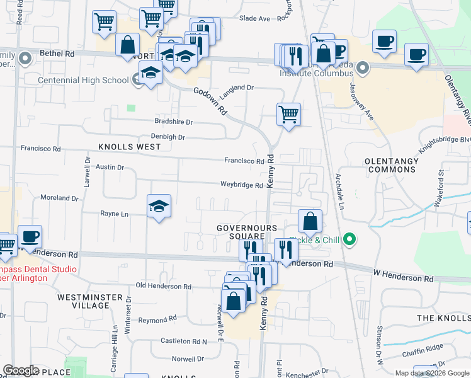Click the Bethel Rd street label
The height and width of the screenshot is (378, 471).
pos(56,54)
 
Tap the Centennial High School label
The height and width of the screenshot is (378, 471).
pos(84,80)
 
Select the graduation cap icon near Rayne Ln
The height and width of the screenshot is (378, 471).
pos(159,206)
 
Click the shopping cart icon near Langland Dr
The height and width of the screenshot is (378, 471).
pos(288,115)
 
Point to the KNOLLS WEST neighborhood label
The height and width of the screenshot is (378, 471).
pos(129,146)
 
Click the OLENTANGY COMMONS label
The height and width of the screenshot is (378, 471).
pos(392,165)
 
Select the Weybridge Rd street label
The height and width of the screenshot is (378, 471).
pos(241,185)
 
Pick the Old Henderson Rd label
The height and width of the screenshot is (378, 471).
pos(163,286)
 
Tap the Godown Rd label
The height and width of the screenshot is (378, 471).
pos(214,100)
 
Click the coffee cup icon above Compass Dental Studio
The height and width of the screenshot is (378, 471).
pos(30,236)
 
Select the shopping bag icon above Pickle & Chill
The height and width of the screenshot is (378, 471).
pos(310,221)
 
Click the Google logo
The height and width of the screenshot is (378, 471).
pos(21,370)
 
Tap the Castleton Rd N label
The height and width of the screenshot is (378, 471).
pos(183,341)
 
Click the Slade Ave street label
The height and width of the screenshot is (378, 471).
pos(254,18)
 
